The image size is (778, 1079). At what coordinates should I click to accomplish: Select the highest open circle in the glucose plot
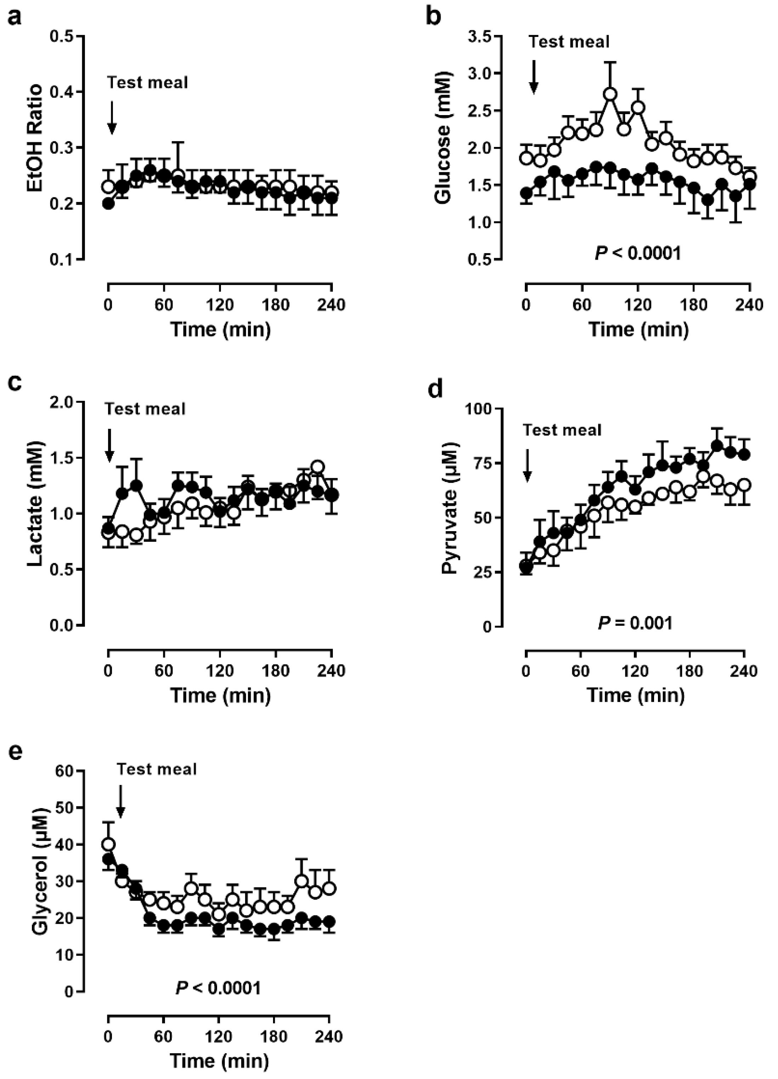[x=611, y=94]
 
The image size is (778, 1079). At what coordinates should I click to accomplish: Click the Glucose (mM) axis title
[x=443, y=138]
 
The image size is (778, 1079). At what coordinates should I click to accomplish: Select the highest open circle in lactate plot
[x=318, y=467]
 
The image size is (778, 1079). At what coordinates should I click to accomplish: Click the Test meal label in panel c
[x=145, y=409]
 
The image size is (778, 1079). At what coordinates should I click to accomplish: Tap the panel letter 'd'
[x=436, y=389]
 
